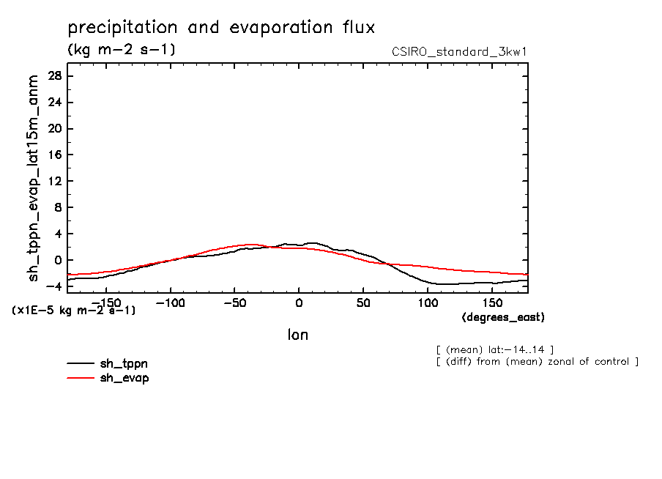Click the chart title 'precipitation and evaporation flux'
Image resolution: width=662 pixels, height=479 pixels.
[x=221, y=29]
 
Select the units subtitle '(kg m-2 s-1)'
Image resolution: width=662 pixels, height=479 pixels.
[x=121, y=50]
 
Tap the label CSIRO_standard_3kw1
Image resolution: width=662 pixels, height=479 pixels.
[x=460, y=51]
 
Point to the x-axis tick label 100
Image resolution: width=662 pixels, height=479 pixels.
[x=428, y=302]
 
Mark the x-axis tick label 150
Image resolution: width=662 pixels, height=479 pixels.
[x=492, y=302]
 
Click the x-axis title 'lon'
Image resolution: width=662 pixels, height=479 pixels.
[x=297, y=335]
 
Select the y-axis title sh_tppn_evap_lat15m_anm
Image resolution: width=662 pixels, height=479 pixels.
[x=33, y=180]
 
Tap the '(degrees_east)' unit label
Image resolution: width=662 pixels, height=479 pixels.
[x=503, y=317]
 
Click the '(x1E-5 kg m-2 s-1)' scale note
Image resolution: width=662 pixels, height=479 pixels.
[x=73, y=311]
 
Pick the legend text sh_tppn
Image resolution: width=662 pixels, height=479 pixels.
[x=124, y=363]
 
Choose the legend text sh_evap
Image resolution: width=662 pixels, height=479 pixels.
[x=124, y=378]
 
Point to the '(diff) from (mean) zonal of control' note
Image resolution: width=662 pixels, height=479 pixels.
[x=537, y=362]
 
